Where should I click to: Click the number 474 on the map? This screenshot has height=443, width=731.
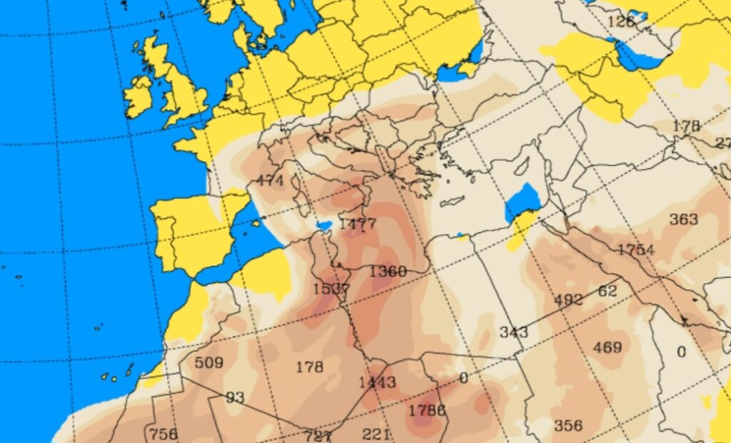pos(271,180)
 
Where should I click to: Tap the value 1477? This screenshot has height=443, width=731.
pos(357,224)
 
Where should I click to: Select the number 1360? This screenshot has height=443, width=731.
pos(388,272)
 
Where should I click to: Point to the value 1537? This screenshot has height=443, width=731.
pos(331,289)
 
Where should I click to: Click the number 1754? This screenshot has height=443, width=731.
pos(636,249)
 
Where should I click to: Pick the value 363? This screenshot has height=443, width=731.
pos(683,219)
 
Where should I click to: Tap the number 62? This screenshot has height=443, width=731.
pos(608,290)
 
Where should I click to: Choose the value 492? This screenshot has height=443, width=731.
pos(568,300)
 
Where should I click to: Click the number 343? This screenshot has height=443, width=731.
pos(513,332)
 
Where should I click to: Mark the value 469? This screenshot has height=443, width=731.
pos(608,347)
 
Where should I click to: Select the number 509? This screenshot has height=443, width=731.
pos(208,362)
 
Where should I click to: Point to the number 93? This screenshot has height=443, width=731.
pos(235,397)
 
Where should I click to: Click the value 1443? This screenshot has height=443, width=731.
pos(377,382)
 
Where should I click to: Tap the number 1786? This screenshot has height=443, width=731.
pos(427,410)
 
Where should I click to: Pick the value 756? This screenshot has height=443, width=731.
pos(163,433)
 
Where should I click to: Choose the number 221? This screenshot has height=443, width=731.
pos(376,434)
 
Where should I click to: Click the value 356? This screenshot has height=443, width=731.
pos(568,425)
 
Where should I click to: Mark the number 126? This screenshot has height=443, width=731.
pos(621,21)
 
